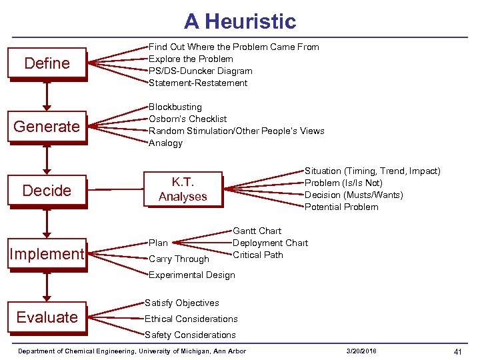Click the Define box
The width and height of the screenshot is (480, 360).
(x=47, y=63)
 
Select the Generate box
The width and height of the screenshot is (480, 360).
(x=47, y=126)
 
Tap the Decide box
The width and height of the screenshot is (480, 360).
(x=47, y=190)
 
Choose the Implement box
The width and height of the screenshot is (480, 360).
(x=47, y=253)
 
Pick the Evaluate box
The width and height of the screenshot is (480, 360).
(x=47, y=317)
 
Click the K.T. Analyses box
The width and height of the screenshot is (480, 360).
(x=183, y=189)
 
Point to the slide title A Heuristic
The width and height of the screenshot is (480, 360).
(x=240, y=21)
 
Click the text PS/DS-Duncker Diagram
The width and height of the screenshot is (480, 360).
(x=200, y=71)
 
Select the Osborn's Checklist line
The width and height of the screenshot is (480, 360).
(x=187, y=119)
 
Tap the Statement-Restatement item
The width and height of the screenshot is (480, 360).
(x=197, y=83)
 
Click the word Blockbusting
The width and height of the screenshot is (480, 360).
(x=175, y=107)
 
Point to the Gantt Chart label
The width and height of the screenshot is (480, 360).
(x=257, y=231)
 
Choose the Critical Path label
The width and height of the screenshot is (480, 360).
(x=257, y=255)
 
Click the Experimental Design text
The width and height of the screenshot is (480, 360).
(x=191, y=275)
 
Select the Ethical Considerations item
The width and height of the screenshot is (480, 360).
(x=191, y=319)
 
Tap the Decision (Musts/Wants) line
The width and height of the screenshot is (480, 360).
(x=353, y=195)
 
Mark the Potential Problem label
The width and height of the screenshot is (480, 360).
(x=341, y=207)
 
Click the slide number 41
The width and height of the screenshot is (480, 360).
(x=457, y=351)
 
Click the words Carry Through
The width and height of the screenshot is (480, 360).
(x=179, y=259)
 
